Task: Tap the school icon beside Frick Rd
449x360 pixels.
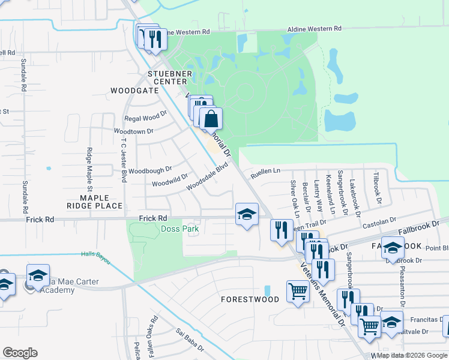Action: click(247, 215)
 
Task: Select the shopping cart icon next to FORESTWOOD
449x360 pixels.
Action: click(298, 292)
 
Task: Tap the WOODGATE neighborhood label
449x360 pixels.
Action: click(134, 91)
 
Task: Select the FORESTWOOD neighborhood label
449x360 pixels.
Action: click(250, 299)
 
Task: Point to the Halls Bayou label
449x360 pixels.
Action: click(95, 255)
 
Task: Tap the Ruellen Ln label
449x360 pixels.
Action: click(265, 171)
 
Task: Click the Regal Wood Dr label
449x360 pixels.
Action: click(145, 117)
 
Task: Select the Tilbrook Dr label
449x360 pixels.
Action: click(376, 188)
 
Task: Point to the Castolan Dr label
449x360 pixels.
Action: click(380, 223)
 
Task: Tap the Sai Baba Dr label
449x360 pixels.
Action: click(188, 340)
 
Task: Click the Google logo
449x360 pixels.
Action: click(20, 353)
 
